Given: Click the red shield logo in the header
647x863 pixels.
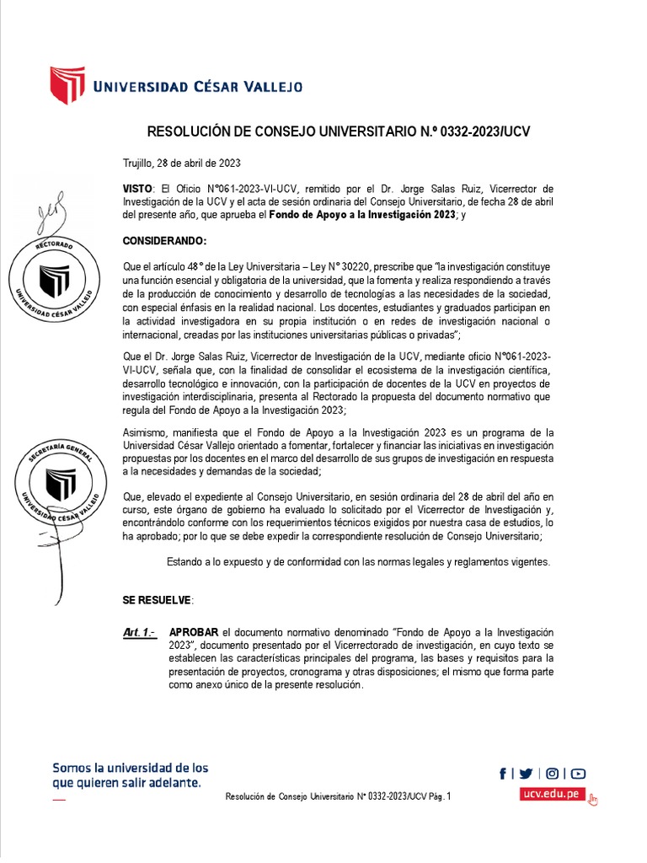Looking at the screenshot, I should [67, 85].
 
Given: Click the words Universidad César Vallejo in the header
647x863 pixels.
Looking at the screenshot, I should [197, 86].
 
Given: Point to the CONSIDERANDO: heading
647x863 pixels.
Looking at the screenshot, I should [164, 240].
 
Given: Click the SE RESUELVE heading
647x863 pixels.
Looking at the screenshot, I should [158, 599].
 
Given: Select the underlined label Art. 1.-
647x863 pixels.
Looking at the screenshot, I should [139, 631].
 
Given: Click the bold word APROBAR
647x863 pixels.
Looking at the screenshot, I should [194, 631].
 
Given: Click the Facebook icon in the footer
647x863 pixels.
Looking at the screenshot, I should [503, 774].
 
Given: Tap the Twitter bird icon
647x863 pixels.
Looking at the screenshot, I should [527, 774].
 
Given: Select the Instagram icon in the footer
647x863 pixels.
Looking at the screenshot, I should [553, 774].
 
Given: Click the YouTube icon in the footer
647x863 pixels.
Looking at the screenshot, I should [578, 774].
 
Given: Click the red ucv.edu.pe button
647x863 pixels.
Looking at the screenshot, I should [552, 794].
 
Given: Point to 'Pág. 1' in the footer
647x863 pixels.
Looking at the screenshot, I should [441, 796].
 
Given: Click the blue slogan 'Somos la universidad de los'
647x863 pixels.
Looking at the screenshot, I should [131, 768].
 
